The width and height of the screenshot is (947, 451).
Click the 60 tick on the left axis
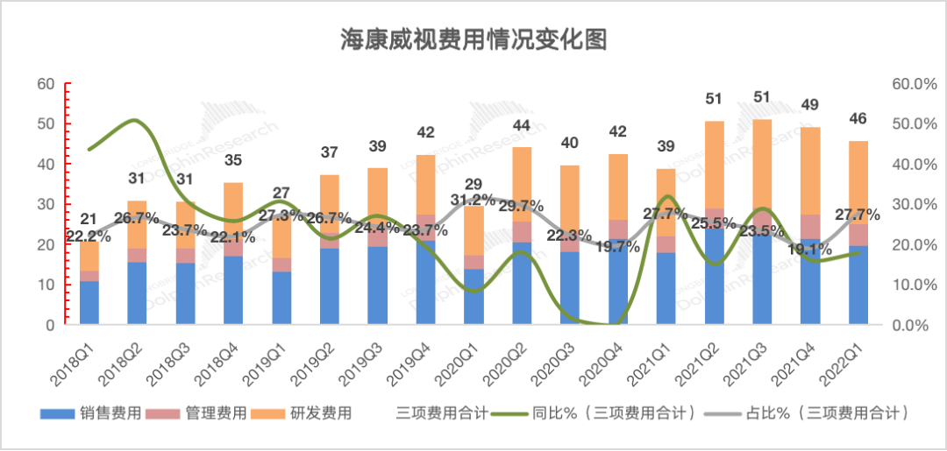click(46, 84)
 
